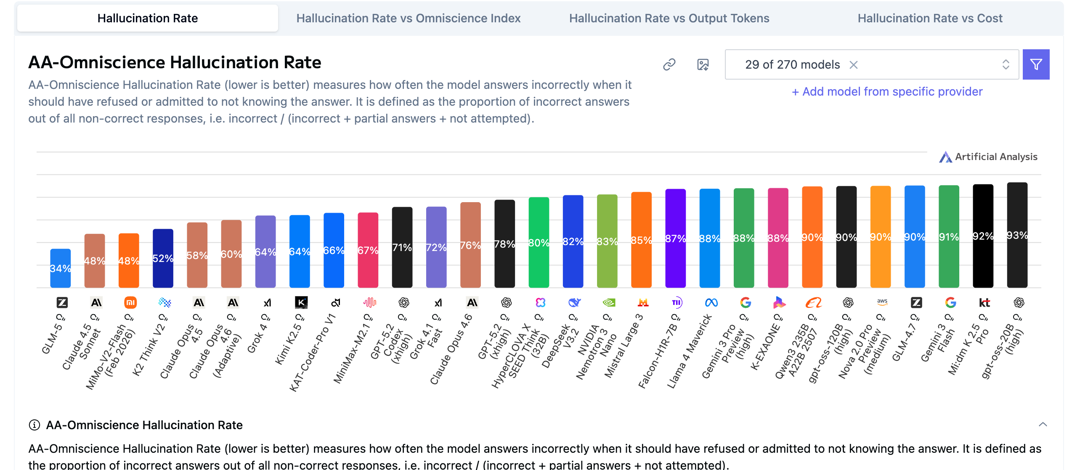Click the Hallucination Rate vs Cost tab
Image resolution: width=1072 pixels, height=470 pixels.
[930, 19]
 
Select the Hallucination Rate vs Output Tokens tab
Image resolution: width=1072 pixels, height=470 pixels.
[669, 19]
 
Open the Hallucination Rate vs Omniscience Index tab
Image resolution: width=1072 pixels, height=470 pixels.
[408, 19]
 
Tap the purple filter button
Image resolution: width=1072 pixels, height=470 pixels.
[1036, 64]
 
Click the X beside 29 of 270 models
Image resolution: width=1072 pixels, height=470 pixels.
[854, 65]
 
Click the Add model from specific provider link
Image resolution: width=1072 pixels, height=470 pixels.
[887, 92]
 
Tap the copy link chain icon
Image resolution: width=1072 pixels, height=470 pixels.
[669, 64]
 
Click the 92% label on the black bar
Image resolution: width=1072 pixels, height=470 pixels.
[983, 236]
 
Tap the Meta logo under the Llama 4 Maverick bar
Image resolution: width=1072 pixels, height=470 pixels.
[711, 302]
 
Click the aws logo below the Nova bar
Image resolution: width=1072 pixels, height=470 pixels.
[882, 302]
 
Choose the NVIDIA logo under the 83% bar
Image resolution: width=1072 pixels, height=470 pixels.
[609, 302]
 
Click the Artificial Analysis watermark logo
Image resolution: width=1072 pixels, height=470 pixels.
[946, 157]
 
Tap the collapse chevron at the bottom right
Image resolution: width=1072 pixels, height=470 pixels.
[1043, 425]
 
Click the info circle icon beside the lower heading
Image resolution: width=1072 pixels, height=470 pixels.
[34, 425]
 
